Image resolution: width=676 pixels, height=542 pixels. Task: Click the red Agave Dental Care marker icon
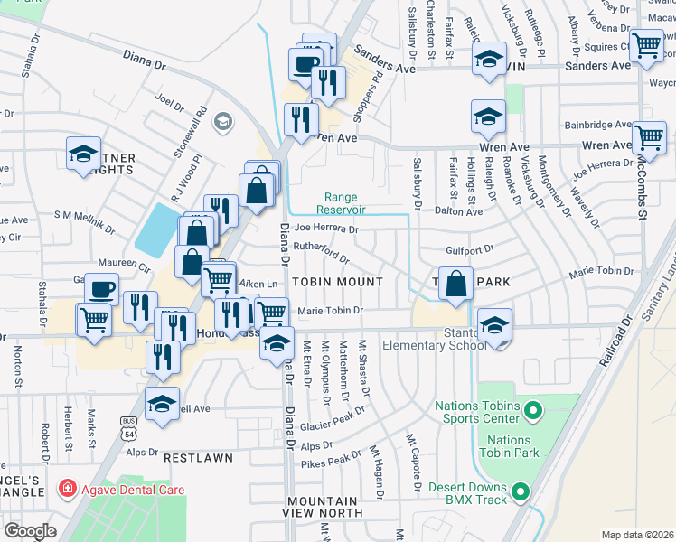[x=66, y=491]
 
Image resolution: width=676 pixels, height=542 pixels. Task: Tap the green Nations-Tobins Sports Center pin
[x=532, y=413]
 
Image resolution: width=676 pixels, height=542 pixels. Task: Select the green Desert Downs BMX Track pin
[x=521, y=492]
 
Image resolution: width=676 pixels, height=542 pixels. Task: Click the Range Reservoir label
[x=342, y=203]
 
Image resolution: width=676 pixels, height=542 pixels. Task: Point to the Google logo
[x=30, y=531]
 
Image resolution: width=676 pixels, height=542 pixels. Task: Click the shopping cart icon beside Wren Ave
[x=649, y=137]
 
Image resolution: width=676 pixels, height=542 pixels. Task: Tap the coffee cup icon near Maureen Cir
[x=101, y=289]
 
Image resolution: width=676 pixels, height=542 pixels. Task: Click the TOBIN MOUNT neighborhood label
[x=337, y=282]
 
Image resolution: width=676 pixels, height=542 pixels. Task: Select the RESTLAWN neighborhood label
[x=198, y=458]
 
